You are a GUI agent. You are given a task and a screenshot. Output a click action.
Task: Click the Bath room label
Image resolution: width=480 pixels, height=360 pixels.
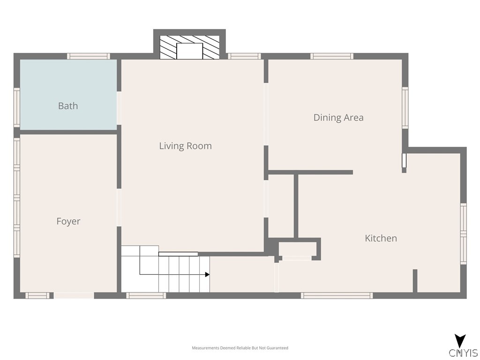[68, 106]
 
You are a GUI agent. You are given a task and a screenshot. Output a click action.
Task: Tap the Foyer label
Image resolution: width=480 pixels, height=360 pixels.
[68, 221]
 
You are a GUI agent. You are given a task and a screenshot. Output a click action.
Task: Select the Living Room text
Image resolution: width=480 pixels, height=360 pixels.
[186, 146]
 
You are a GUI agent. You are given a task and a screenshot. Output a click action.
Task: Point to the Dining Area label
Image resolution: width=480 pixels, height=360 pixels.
[338, 118]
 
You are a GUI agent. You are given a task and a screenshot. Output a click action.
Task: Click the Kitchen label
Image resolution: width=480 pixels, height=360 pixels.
[381, 238]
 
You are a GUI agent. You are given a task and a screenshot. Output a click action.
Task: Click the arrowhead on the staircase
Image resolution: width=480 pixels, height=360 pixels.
[207, 275]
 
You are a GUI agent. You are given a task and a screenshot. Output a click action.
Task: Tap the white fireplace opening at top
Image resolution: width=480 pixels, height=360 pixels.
[189, 51]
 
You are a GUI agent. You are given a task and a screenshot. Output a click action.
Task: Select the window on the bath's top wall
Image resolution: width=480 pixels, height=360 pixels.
[89, 56]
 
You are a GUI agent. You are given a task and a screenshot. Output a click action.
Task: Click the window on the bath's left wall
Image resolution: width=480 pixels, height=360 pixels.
[17, 107]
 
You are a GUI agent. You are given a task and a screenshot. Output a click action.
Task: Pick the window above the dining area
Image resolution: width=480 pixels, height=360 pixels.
[332, 56]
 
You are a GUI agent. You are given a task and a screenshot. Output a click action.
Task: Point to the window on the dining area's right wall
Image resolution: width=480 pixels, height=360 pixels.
[405, 108]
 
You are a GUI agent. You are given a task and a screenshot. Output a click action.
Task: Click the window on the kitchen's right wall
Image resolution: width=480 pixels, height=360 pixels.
[464, 234]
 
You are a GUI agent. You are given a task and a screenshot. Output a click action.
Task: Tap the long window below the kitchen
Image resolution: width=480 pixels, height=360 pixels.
[337, 295]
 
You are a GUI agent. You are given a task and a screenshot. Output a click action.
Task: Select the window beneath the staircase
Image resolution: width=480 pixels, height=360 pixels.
[146, 295]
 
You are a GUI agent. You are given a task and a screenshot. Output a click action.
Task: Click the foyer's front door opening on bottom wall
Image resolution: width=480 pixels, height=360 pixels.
[74, 295]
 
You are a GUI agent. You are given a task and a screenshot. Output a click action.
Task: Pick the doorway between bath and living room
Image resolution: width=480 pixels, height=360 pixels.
[119, 108]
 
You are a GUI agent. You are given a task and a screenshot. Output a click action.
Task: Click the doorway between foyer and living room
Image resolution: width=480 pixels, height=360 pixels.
[119, 208]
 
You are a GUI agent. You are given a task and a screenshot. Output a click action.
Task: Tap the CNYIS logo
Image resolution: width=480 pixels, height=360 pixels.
[463, 346]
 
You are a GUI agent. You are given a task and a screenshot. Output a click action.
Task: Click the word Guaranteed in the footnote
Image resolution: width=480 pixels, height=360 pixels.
[277, 348]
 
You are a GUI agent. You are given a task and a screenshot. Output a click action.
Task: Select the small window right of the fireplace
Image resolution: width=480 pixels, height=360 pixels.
[244, 56]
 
